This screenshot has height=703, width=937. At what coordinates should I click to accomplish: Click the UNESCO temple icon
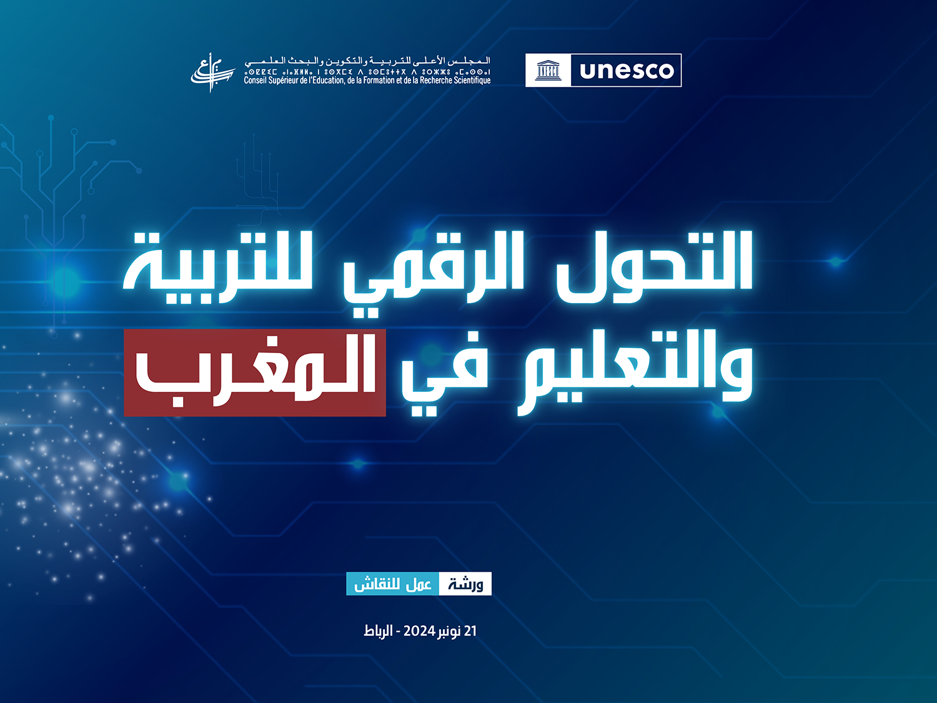(548, 71)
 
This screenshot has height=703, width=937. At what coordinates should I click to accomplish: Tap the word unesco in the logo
(627, 71)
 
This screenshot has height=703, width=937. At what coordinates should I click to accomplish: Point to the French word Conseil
(255, 81)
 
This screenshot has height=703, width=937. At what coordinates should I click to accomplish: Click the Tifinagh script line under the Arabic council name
(367, 72)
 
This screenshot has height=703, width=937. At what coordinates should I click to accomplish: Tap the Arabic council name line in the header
(367, 61)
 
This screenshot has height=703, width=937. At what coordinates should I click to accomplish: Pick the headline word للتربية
(218, 267)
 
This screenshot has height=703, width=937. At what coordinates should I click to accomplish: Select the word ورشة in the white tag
(465, 584)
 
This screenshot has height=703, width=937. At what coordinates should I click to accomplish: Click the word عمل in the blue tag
(419, 584)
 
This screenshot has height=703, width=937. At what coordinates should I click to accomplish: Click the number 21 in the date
(470, 631)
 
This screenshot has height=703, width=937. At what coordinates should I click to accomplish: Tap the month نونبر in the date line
(449, 631)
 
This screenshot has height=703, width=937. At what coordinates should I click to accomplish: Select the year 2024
(419, 631)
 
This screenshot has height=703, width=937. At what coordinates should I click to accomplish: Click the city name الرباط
(379, 631)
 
